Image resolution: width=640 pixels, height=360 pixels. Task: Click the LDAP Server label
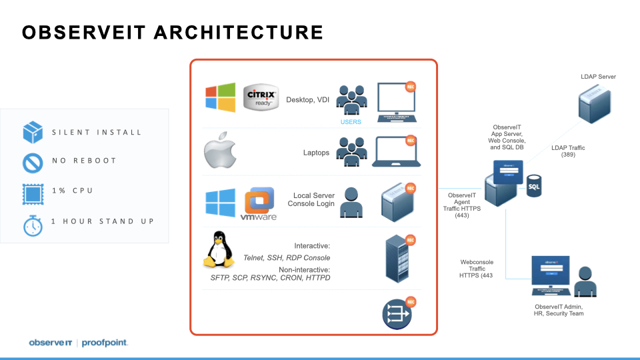click(x=598, y=77)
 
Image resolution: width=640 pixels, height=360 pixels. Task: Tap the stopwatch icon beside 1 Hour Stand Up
click(x=33, y=225)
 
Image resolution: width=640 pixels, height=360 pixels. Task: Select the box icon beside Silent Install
click(x=33, y=132)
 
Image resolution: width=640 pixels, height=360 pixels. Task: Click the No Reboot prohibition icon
click(x=33, y=162)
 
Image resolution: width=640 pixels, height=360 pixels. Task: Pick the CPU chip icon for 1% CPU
click(x=33, y=192)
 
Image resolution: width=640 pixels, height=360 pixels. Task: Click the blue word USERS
click(x=351, y=122)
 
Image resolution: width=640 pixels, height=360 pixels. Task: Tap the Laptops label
click(x=316, y=153)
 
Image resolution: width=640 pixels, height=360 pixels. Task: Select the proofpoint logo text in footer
click(x=105, y=343)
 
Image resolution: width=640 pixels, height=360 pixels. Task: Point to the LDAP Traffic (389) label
click(x=568, y=151)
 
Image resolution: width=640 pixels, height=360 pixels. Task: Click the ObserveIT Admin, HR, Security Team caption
click(x=559, y=309)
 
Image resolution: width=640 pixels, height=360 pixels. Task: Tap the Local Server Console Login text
click(x=311, y=199)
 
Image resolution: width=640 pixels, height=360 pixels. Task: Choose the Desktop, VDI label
click(x=307, y=100)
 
